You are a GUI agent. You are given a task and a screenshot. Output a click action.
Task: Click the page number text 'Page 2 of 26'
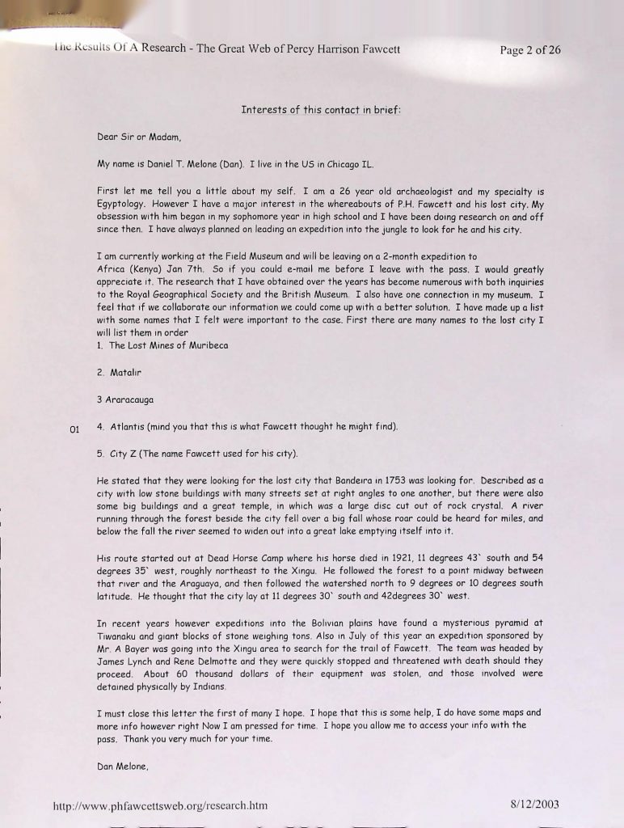(529, 49)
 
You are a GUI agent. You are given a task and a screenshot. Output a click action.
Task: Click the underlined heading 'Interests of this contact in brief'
(321, 110)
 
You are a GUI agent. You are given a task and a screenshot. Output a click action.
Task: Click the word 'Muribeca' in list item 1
(206, 345)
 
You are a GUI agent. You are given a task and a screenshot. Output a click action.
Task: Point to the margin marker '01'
(74, 429)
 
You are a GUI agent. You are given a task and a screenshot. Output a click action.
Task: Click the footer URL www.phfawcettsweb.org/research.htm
(160, 805)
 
